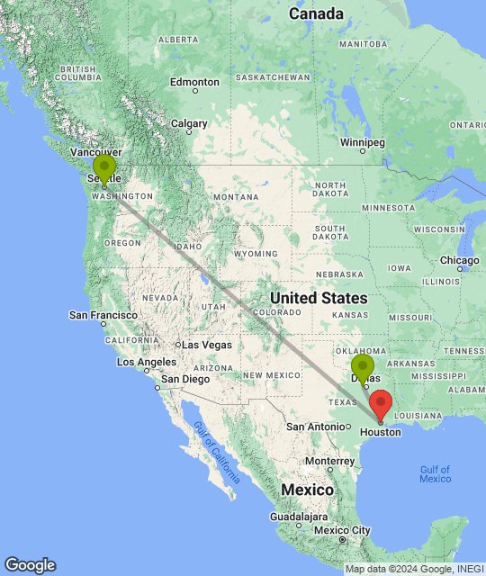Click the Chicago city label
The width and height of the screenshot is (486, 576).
pyautogui.click(x=459, y=261)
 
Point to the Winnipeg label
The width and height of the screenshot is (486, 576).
pyautogui.click(x=362, y=142)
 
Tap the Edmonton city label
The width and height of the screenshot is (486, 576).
pyautogui.click(x=194, y=82)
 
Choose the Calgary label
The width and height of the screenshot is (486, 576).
pyautogui.click(x=189, y=123)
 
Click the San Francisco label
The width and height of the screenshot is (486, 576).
pyautogui.click(x=103, y=315)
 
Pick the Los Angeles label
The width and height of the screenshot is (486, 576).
pyautogui.click(x=146, y=362)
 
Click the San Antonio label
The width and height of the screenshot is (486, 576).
pyautogui.click(x=314, y=426)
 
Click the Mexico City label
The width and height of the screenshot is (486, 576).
pyautogui.click(x=337, y=530)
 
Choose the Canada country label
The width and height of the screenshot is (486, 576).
pyautogui.click(x=316, y=14)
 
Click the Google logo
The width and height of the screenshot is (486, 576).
pyautogui.click(x=30, y=565)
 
